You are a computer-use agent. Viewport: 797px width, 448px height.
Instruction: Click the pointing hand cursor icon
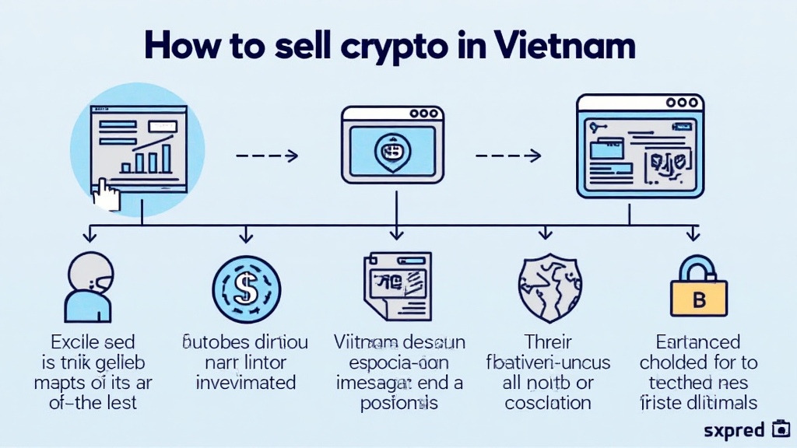click(x=105, y=194)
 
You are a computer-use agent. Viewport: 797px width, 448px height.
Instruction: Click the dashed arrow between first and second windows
click(x=266, y=156)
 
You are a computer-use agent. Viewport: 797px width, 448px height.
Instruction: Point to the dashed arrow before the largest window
click(x=507, y=156)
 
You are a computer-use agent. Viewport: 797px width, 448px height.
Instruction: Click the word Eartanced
click(x=697, y=342)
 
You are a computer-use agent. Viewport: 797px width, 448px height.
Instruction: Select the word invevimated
click(x=245, y=383)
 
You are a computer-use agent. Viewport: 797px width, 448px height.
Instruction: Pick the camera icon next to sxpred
click(x=780, y=429)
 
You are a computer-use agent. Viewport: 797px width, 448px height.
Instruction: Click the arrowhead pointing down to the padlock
click(x=693, y=234)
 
